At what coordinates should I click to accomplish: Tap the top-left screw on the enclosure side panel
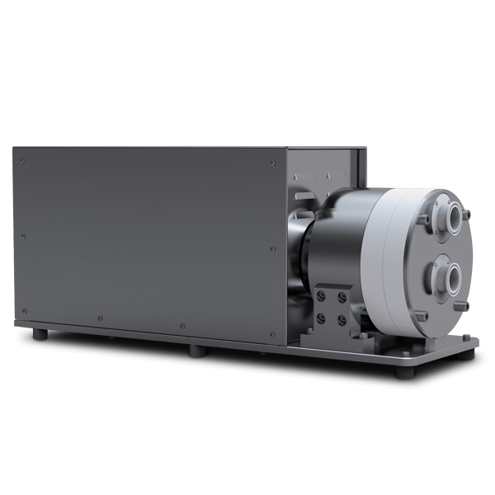[x=22, y=160]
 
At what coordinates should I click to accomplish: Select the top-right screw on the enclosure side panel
[x=272, y=163]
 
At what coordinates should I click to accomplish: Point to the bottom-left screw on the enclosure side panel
[x=24, y=311]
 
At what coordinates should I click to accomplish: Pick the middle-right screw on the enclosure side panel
[x=272, y=248]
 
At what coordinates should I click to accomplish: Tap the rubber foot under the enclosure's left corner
[x=39, y=335]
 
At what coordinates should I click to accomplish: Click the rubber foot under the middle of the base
[x=196, y=351]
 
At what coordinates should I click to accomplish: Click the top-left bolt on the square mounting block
[x=322, y=295]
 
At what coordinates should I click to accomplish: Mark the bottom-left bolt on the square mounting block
[x=321, y=317]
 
